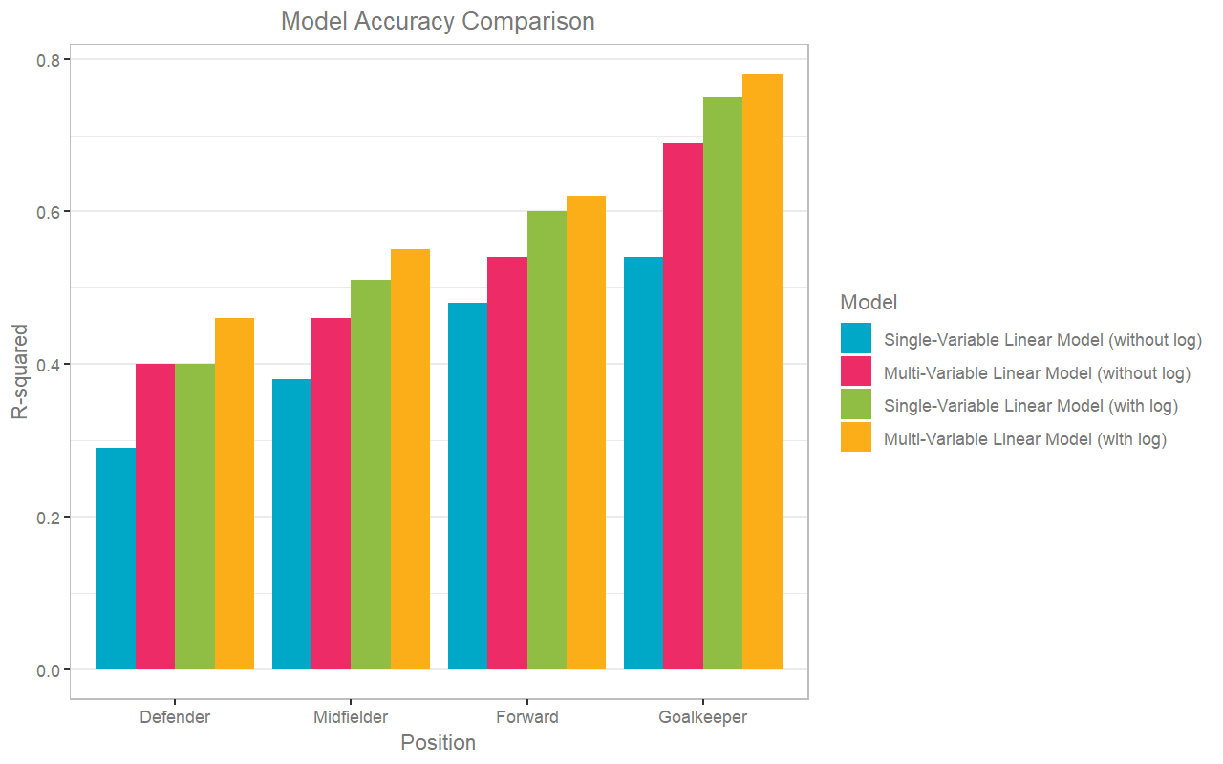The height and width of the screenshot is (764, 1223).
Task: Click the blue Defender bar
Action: (x=116, y=559)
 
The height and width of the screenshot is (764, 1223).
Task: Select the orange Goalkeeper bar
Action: (x=762, y=372)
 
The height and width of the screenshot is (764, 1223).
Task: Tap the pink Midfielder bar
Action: (x=331, y=494)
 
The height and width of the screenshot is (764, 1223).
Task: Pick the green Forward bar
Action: (x=547, y=440)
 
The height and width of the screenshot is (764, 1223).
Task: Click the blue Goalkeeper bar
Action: (x=643, y=463)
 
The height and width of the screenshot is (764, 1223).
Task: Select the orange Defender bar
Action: (x=234, y=494)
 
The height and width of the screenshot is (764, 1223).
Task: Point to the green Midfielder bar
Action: (x=371, y=475)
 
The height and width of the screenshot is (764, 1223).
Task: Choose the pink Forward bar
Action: (x=507, y=463)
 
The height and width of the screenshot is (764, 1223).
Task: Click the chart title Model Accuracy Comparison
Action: (x=438, y=21)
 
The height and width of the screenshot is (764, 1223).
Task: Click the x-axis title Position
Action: (x=438, y=743)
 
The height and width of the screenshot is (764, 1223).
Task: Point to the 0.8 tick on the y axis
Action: (x=48, y=59)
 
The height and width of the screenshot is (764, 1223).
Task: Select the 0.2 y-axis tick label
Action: (x=48, y=517)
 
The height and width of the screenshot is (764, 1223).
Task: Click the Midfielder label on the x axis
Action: (x=351, y=717)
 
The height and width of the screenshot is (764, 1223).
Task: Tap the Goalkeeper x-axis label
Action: (x=703, y=717)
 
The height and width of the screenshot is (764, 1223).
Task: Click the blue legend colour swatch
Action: (x=856, y=339)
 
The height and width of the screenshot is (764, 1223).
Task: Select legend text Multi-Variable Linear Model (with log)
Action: (x=1025, y=439)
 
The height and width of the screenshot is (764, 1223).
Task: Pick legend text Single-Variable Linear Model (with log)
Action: (x=1031, y=406)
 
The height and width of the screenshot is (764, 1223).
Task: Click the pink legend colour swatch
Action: (x=856, y=372)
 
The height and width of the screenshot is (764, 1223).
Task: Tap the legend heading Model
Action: (x=869, y=303)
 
